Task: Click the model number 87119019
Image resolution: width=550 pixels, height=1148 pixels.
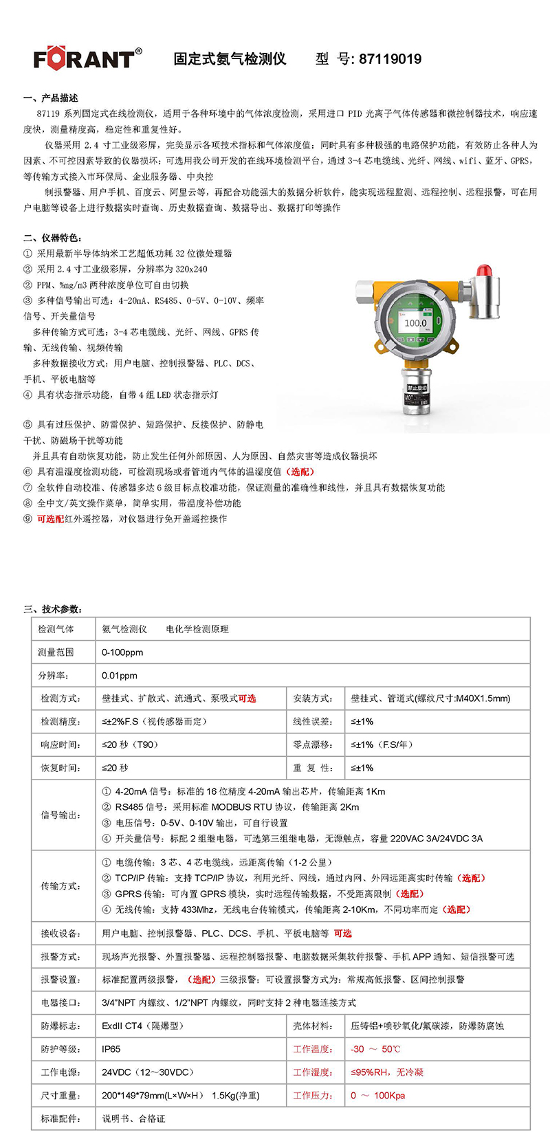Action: click(390, 59)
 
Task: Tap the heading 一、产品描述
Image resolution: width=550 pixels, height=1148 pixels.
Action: click(51, 98)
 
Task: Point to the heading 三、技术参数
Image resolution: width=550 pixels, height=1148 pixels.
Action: click(53, 609)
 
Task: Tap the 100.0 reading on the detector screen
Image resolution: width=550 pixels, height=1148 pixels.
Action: click(415, 322)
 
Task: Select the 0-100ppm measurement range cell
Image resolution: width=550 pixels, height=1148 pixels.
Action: click(122, 652)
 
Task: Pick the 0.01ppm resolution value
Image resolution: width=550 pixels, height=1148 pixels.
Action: click(120, 676)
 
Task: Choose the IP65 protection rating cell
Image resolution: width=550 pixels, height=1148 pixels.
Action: click(111, 1049)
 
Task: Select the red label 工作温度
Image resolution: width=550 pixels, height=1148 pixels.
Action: click(313, 1049)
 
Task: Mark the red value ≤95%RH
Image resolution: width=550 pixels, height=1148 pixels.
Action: click(371, 1072)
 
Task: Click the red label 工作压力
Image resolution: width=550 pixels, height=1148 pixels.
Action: click(313, 1096)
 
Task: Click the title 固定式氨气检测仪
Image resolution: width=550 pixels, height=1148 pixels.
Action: click(230, 59)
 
